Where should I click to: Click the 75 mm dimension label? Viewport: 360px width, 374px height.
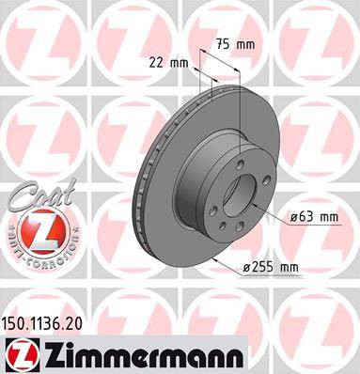click(236, 44)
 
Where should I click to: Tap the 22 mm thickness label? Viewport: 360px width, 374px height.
click(169, 63)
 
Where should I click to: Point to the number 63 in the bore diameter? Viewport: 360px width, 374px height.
click(305, 217)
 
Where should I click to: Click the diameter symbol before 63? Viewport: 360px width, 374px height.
click(293, 217)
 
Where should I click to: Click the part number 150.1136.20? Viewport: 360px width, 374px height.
click(42, 323)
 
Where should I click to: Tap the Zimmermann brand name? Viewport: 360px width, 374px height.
click(144, 355)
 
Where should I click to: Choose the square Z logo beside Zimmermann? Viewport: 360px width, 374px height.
click(21, 355)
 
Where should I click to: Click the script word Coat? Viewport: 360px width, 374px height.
click(44, 196)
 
